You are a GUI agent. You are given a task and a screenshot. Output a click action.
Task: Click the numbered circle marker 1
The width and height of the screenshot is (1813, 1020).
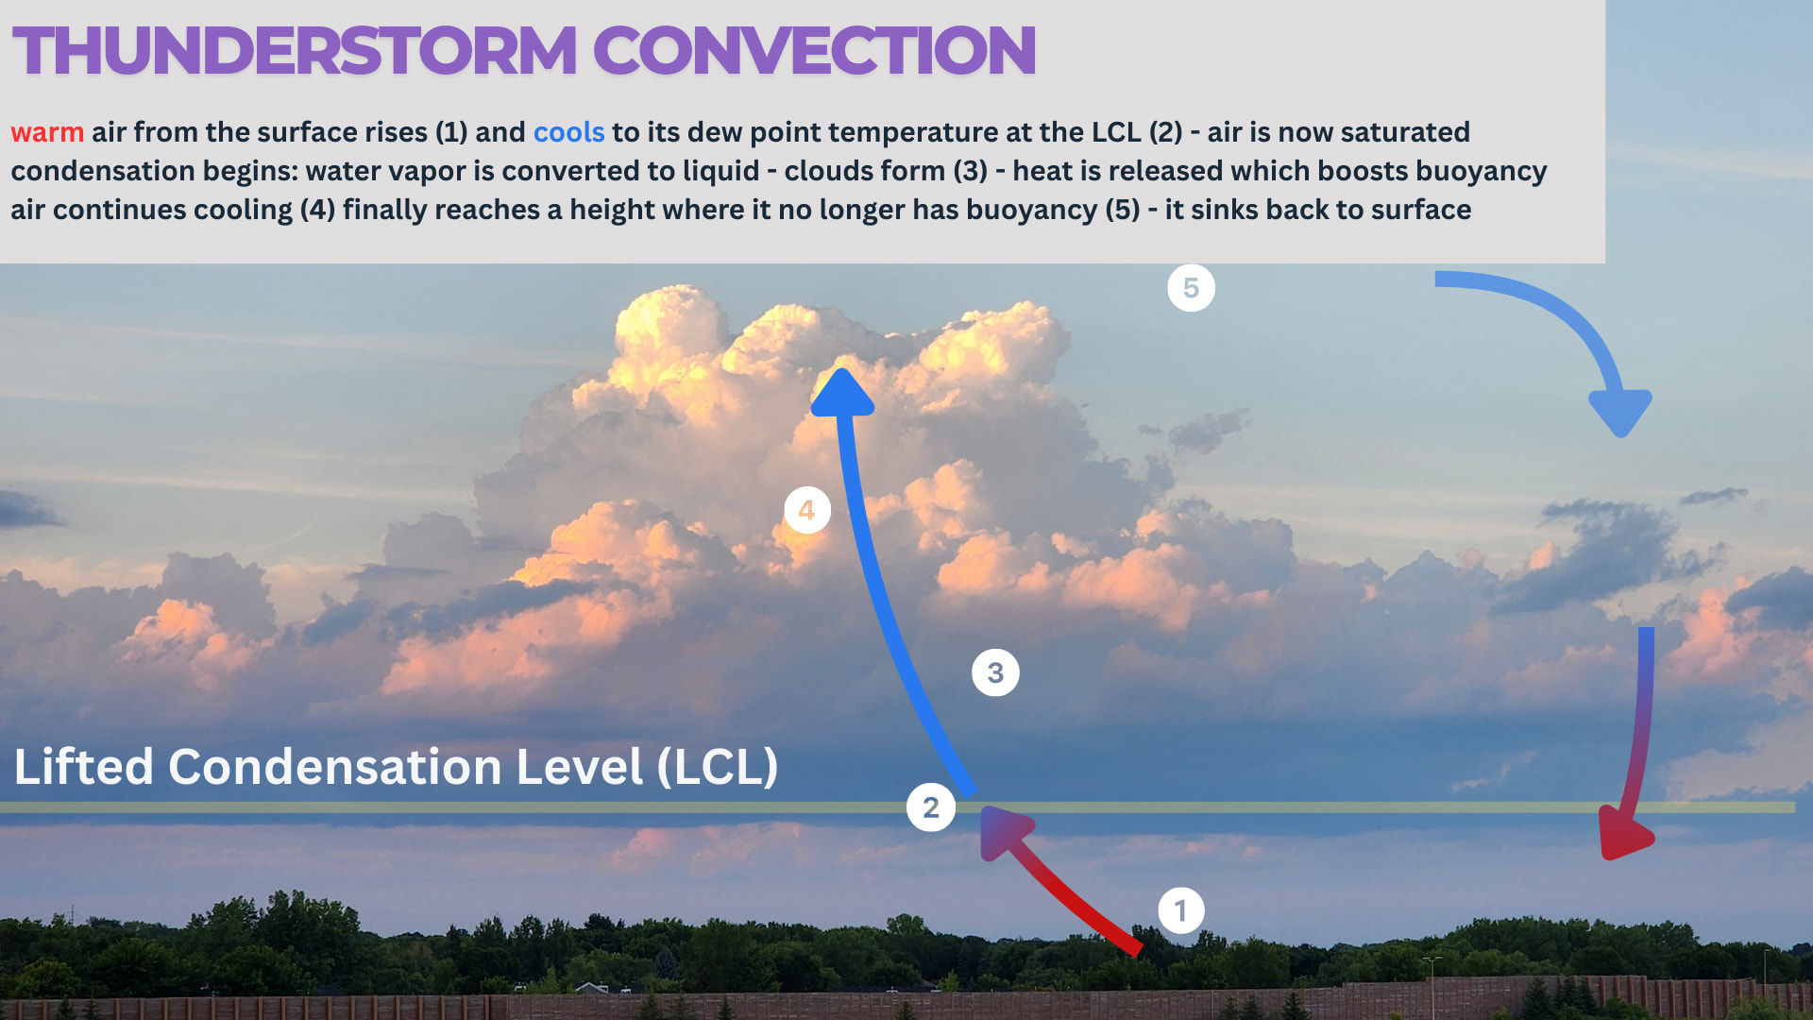1180,910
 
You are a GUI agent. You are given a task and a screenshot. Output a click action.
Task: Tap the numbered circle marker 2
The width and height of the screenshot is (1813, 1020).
930,807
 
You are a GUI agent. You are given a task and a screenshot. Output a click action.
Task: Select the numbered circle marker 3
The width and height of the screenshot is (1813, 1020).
995,672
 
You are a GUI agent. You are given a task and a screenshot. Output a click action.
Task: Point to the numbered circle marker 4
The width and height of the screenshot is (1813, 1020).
806,510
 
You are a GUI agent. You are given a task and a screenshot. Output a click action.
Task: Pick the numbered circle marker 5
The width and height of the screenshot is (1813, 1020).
1191,288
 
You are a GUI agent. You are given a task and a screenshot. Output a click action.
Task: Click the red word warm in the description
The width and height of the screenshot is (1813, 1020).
47,132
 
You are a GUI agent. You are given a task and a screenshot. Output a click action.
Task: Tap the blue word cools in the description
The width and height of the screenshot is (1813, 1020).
568,132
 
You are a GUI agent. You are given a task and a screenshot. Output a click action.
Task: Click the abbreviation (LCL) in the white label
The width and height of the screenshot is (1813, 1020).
718,767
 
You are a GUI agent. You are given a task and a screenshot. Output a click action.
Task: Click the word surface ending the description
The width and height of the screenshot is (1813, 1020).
1421,210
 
